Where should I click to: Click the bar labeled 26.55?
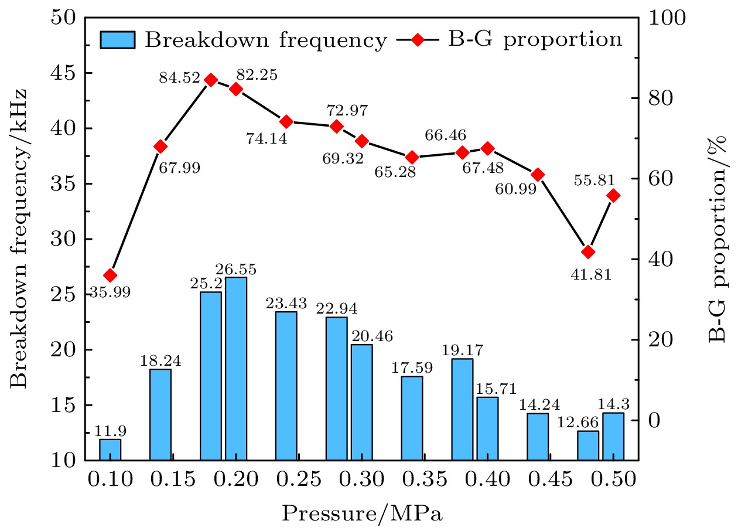(x=236, y=369)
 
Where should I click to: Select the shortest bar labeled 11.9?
(x=110, y=450)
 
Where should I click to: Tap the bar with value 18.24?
(x=160, y=414)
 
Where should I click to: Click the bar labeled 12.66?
(x=588, y=445)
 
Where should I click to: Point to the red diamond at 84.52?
(x=211, y=80)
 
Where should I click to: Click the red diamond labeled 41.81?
(x=588, y=252)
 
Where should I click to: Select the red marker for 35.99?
(x=110, y=275)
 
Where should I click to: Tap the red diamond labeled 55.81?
(x=613, y=196)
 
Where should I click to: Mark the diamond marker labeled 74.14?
(x=286, y=122)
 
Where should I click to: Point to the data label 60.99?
(x=515, y=189)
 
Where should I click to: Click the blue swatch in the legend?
(x=118, y=40)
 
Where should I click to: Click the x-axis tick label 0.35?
(x=412, y=481)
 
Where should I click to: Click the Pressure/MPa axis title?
(x=362, y=513)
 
